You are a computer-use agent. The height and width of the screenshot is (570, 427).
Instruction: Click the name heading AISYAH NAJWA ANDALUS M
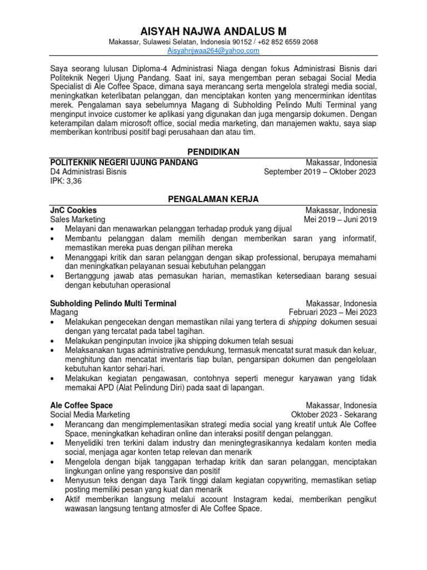click(213, 30)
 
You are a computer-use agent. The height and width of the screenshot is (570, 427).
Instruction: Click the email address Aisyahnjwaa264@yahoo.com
click(213, 51)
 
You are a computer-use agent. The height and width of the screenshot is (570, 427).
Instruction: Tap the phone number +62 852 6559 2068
click(287, 42)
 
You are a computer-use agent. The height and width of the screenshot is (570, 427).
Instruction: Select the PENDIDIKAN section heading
click(213, 151)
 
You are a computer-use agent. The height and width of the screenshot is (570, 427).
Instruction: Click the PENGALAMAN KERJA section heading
click(213, 199)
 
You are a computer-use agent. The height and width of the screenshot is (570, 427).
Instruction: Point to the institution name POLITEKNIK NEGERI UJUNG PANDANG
click(124, 162)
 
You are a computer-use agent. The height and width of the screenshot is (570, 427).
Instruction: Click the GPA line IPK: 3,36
click(66, 181)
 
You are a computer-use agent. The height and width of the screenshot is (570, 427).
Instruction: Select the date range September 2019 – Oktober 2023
click(320, 171)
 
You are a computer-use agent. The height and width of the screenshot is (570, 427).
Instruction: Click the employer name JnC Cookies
click(73, 210)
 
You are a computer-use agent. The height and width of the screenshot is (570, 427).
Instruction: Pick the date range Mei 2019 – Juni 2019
click(340, 219)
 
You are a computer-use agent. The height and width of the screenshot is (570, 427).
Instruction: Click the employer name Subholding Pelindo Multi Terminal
click(113, 303)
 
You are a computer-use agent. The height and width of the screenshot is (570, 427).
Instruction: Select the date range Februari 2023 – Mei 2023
click(332, 312)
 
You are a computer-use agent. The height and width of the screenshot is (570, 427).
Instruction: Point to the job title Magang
click(64, 312)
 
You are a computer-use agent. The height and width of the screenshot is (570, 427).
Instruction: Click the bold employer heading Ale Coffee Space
click(82, 405)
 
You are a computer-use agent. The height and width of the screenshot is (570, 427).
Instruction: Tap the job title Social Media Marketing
click(90, 414)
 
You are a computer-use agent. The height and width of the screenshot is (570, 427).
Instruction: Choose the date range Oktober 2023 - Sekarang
click(334, 414)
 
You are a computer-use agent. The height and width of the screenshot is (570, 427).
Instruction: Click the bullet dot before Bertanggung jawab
click(53, 276)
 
